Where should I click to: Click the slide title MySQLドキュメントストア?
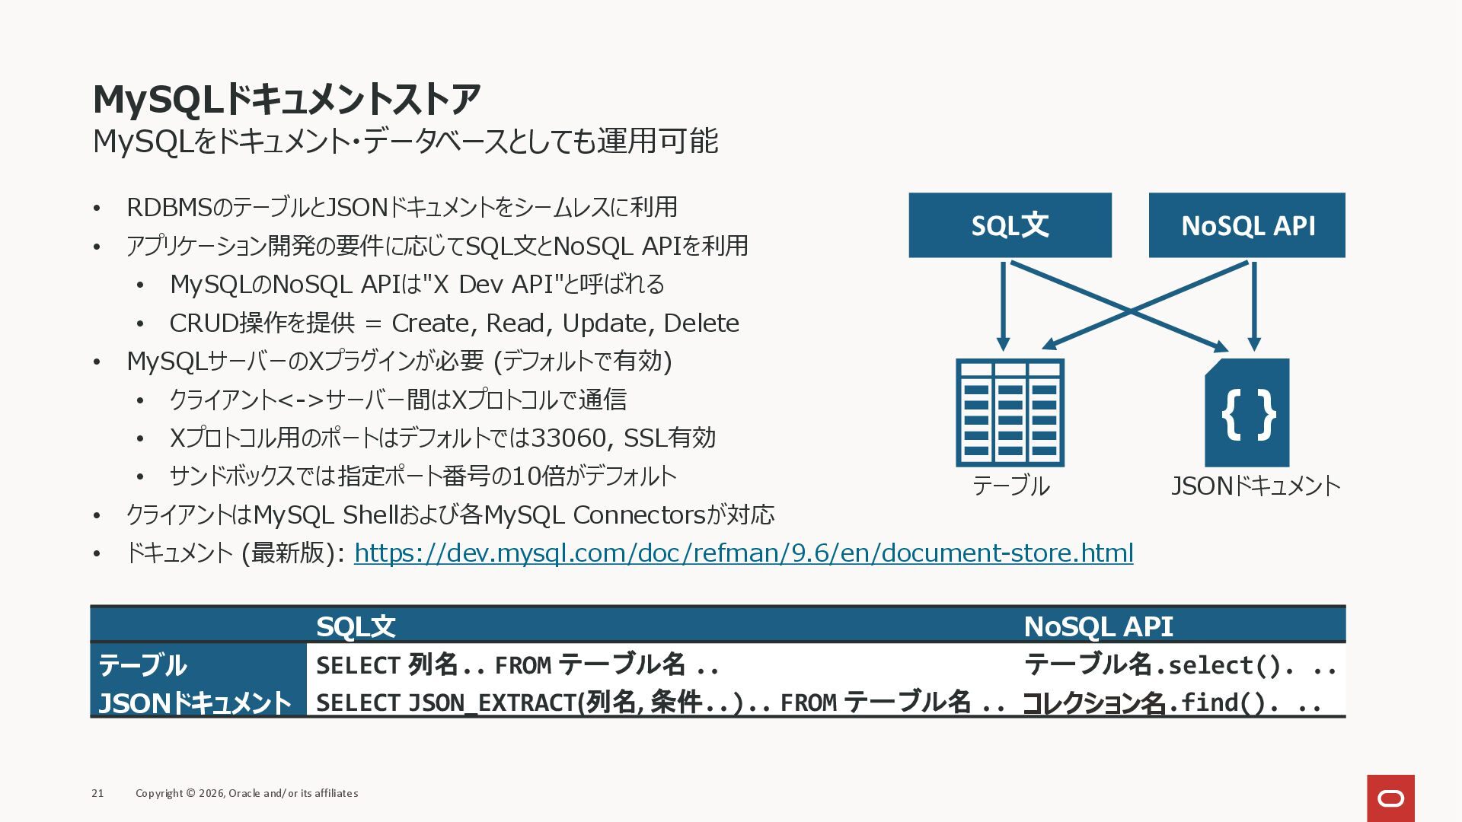point(286,99)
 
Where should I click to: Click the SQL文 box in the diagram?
point(1010,225)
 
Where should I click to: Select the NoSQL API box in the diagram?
point(1247,225)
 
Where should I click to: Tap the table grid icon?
point(1010,413)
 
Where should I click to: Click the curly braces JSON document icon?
point(1247,413)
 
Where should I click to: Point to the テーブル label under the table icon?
point(1010,486)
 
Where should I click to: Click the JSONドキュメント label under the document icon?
point(1255,486)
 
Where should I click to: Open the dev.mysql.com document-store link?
point(743,553)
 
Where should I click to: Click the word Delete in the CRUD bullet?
point(701,323)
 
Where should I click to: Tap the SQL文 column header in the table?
point(356,626)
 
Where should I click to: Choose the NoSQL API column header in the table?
point(1098,626)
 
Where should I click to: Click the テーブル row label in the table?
point(142,665)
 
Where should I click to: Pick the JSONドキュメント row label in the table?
point(195,703)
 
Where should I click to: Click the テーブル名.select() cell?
point(1180,665)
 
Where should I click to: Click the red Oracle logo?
point(1390,798)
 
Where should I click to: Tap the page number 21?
point(97,793)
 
